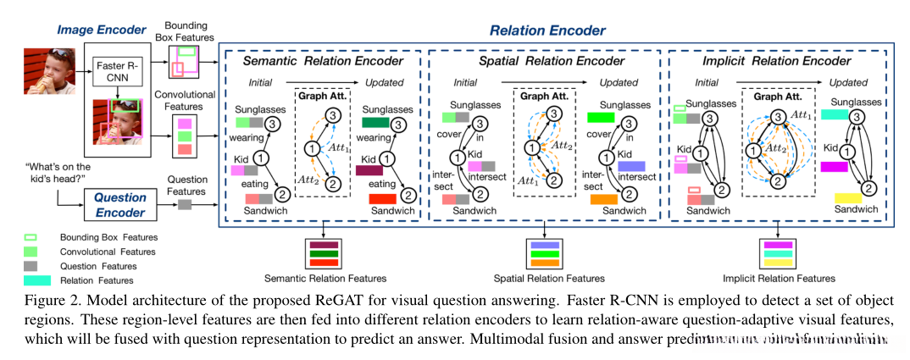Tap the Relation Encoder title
547,31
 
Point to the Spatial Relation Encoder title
543,61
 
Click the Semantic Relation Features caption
325,278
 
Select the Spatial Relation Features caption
549,278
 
